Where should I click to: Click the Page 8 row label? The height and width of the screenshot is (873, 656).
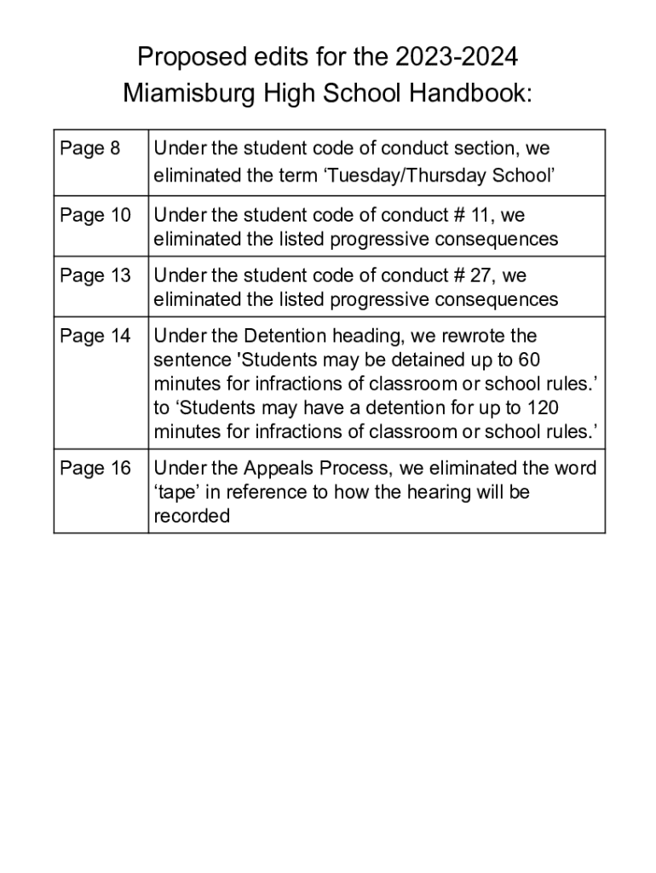tap(89, 149)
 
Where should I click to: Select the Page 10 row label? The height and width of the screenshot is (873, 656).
tap(95, 215)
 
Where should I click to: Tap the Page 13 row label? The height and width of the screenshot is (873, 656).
tap(95, 275)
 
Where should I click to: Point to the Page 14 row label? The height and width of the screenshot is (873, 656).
tap(95, 336)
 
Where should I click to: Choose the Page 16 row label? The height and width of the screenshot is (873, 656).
tap(95, 468)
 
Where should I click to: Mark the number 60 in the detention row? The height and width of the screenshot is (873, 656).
tap(529, 360)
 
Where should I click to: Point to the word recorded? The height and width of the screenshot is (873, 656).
tap(192, 516)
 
